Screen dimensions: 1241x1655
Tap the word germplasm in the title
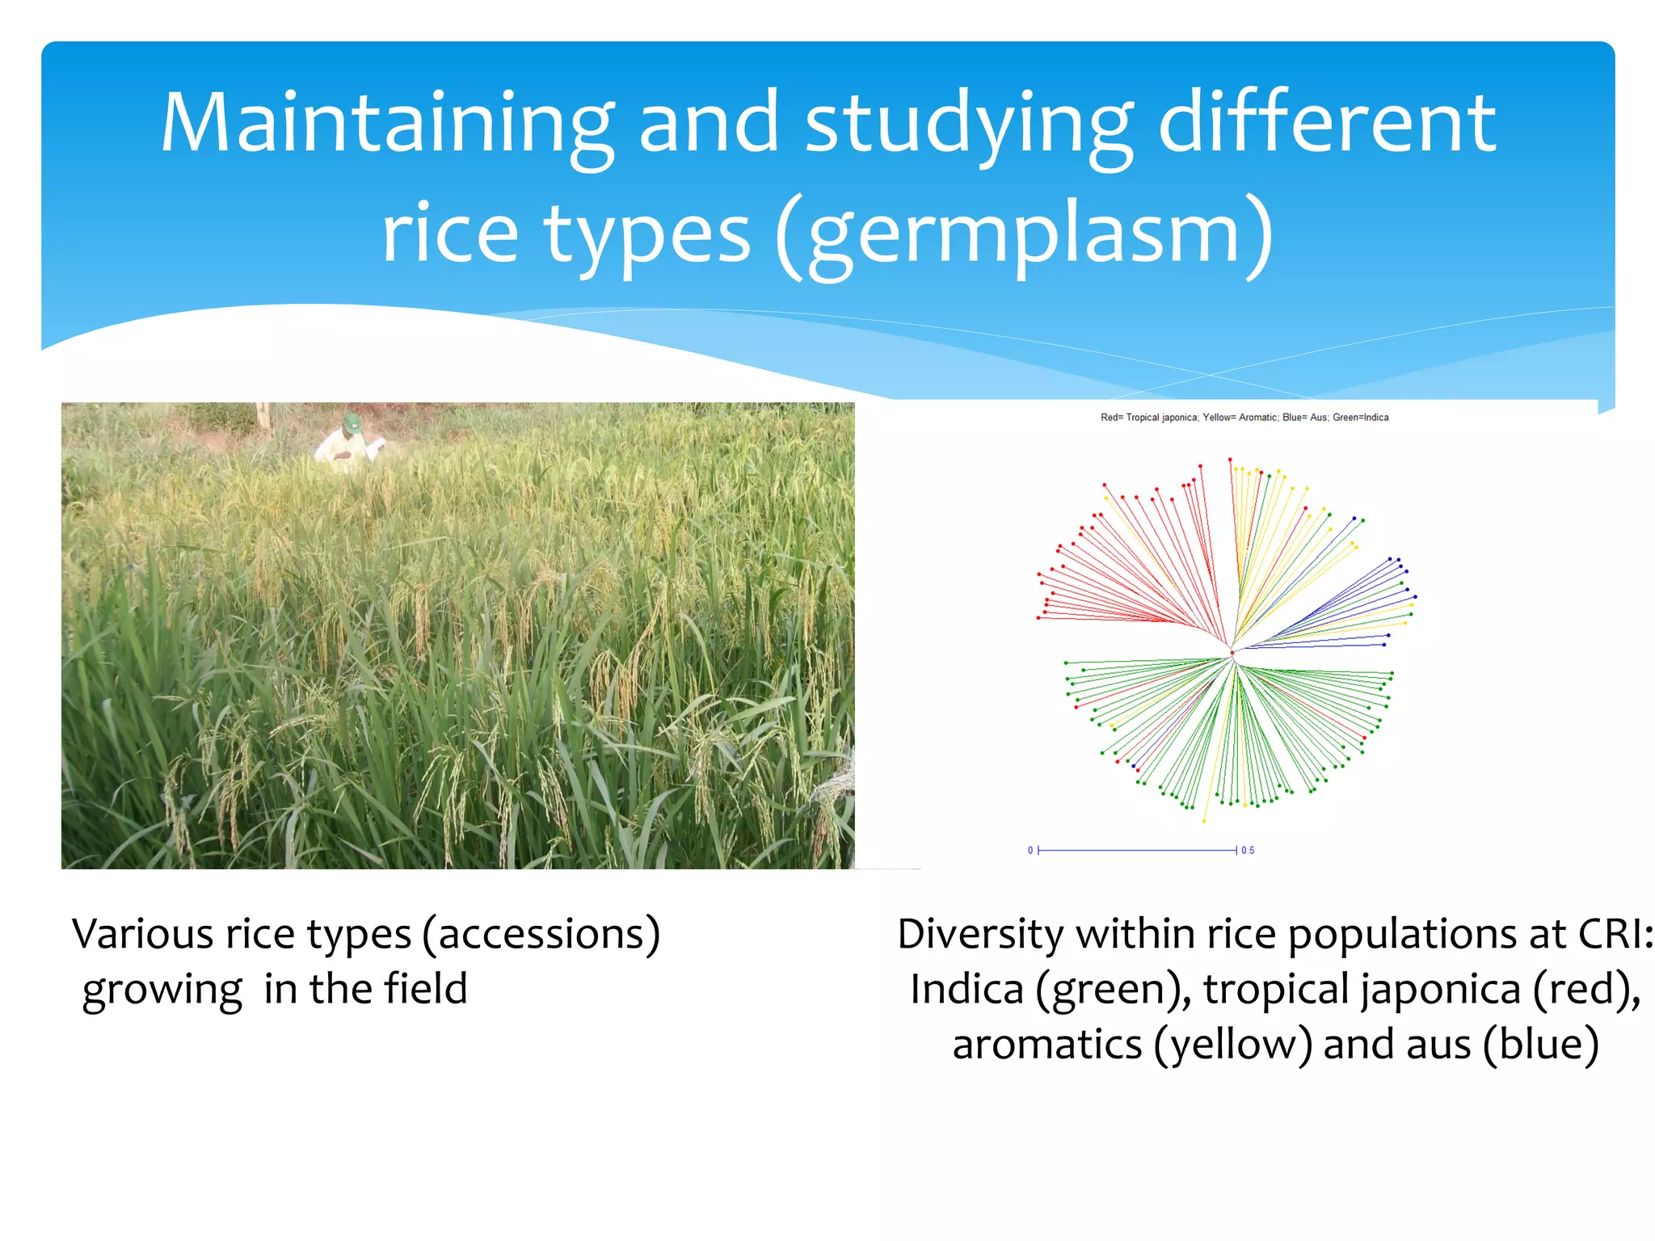1023,234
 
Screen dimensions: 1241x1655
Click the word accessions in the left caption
540,935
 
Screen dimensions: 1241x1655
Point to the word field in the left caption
426,989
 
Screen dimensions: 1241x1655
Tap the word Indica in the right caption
966,989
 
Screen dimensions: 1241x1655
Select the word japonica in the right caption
1442,989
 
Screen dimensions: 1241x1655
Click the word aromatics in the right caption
1047,1044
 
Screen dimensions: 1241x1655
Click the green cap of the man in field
352,423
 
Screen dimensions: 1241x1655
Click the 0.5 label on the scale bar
1248,850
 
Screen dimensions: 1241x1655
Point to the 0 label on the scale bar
1030,850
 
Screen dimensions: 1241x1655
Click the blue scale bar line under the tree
1136,850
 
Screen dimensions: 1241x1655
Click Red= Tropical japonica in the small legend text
1148,418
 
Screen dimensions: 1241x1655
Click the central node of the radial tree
1232,653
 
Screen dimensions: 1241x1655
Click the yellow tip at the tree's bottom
1203,821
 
